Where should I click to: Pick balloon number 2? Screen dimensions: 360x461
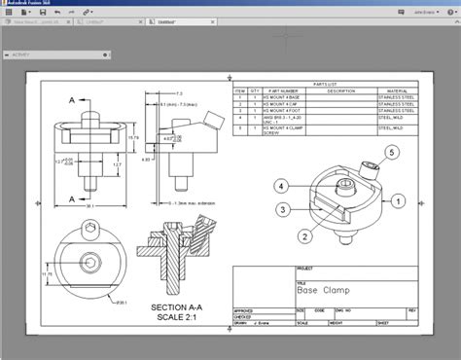tap(303, 235)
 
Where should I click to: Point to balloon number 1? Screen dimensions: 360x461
tap(399, 200)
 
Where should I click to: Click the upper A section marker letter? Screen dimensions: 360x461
tap(72, 100)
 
